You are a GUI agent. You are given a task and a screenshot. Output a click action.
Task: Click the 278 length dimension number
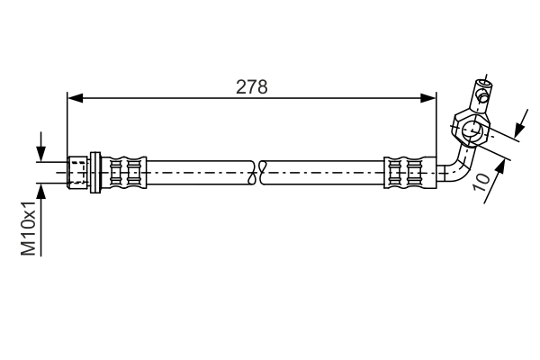[253, 86]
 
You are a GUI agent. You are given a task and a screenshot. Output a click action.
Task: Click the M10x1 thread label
[30, 228]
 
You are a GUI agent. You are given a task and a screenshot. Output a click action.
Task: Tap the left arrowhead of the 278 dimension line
[74, 97]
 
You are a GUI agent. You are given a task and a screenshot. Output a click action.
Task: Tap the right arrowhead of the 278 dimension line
[431, 97]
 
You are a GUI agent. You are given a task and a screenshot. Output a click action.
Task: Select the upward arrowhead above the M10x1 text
[40, 191]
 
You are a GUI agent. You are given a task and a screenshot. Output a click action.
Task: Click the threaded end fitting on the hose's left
[79, 171]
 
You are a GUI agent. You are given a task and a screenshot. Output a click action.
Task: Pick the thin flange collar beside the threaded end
[95, 171]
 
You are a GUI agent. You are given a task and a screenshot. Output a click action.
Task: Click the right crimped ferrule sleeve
[402, 171]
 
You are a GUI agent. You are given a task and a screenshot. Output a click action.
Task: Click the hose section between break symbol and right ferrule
[324, 171]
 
